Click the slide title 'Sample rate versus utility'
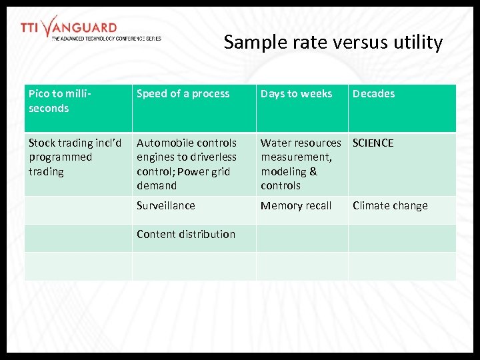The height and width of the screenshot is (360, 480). click(x=333, y=43)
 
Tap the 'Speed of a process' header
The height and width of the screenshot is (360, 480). click(x=183, y=94)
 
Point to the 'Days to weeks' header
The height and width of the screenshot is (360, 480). click(x=296, y=94)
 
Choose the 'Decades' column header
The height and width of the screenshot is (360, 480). click(x=373, y=94)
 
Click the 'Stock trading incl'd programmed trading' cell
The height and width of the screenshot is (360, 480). click(x=75, y=157)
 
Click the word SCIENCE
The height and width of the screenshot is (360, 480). click(x=373, y=143)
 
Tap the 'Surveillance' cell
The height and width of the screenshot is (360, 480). click(x=166, y=205)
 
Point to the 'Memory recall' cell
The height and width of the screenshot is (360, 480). click(x=296, y=205)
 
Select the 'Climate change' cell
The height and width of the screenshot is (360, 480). click(x=390, y=205)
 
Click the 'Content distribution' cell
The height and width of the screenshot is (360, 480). click(x=186, y=234)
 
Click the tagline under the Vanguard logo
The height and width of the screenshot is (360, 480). click(x=106, y=39)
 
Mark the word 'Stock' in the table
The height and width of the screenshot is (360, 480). click(x=42, y=143)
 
